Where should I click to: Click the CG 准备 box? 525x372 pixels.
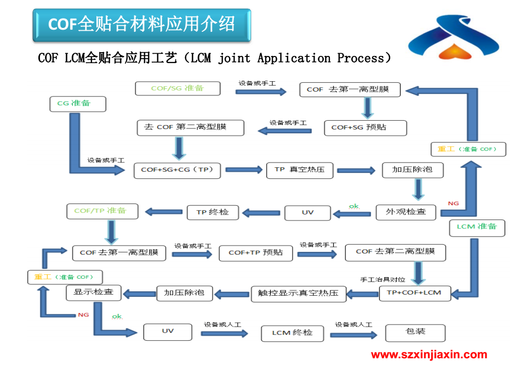coord(78,104)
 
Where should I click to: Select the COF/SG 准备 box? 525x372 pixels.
coord(178,88)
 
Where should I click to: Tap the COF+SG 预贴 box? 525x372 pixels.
coord(366,128)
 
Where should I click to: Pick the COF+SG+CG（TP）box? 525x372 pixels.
coord(177,171)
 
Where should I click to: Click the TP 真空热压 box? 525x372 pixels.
coord(300,171)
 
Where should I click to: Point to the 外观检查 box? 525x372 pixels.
coord(406,212)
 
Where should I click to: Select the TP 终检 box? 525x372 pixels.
coord(213,212)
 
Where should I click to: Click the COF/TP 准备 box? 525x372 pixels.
coord(102,211)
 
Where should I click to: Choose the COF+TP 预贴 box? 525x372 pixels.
coord(256,253)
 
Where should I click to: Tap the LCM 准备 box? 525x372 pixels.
coord(477,228)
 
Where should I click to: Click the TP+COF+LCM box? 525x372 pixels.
coord(415,293)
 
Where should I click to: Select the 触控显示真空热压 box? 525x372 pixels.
coord(299,294)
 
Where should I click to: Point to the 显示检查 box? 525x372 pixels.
coord(93,293)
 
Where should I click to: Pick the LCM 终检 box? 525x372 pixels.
coord(292,334)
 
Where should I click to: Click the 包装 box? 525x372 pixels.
coord(415,333)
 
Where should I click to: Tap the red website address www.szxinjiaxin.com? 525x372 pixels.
coord(429,354)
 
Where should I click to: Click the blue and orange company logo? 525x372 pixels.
coord(454,37)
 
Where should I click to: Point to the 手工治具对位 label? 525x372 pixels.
coord(383,279)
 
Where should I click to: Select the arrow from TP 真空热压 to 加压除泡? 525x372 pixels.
coord(356,171)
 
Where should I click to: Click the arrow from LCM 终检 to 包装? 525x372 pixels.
coord(353,335)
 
